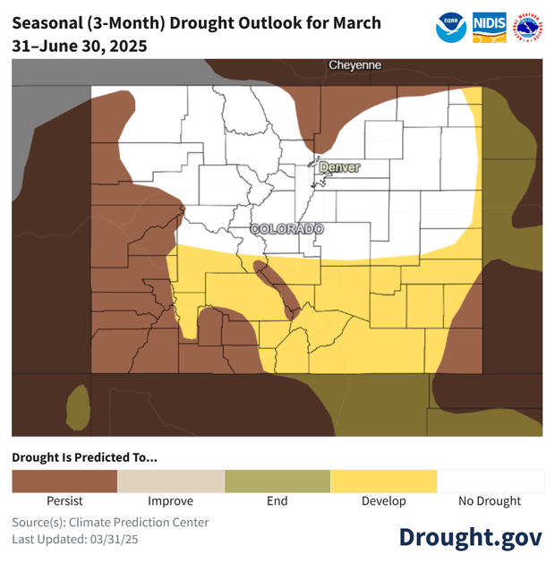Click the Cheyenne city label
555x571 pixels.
[354, 65]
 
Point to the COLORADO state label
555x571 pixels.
[286, 229]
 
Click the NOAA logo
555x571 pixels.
[451, 28]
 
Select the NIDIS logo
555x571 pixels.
[489, 28]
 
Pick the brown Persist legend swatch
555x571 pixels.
[64, 482]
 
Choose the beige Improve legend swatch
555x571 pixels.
[170, 482]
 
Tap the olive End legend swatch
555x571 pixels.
[277, 482]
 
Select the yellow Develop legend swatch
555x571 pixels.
[383, 482]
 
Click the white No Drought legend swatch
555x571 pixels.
[490, 482]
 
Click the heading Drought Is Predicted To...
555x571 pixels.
[84, 457]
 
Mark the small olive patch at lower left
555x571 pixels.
[78, 405]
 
